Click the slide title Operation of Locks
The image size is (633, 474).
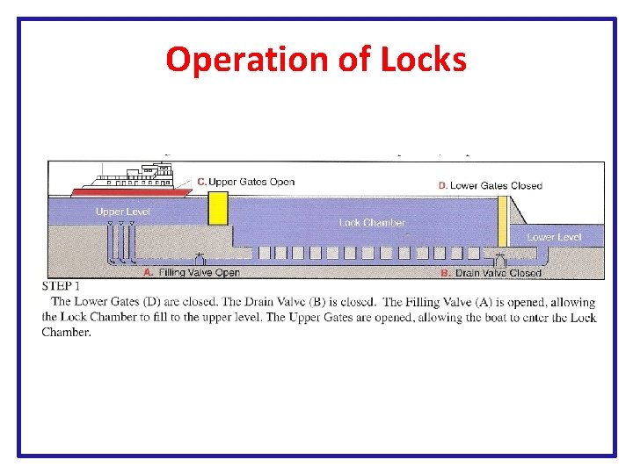pyautogui.click(x=316, y=60)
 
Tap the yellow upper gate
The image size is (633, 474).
pyautogui.click(x=218, y=209)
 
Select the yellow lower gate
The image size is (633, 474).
pyautogui.click(x=503, y=221)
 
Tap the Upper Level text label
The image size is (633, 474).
pyautogui.click(x=122, y=212)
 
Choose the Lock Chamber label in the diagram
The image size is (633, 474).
pyautogui.click(x=372, y=223)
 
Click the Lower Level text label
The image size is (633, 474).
pyautogui.click(x=554, y=237)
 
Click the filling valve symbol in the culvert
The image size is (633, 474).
pyautogui.click(x=200, y=259)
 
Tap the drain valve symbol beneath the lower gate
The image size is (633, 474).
pyautogui.click(x=499, y=259)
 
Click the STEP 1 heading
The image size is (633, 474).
pyautogui.click(x=61, y=286)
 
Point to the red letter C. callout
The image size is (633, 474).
pyautogui.click(x=201, y=182)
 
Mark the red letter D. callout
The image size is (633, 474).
pyautogui.click(x=443, y=185)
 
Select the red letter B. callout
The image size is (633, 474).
pyautogui.click(x=446, y=273)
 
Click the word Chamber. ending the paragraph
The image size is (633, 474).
pyautogui.click(x=66, y=333)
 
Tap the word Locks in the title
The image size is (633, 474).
pyautogui.click(x=425, y=60)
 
